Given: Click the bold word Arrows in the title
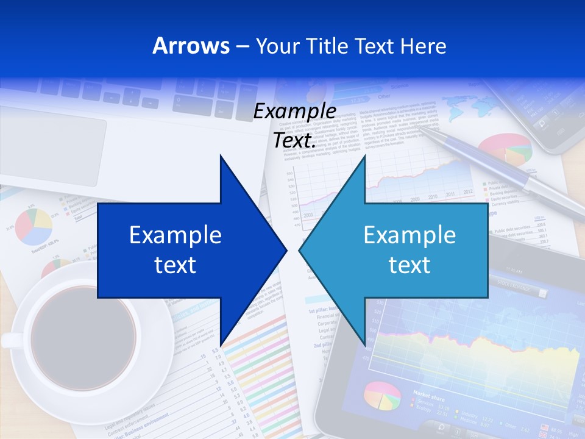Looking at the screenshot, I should point(191,46).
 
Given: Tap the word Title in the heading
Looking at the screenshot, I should point(343,46).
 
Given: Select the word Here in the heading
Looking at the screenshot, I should point(423,46).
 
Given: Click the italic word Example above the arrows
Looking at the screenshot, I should point(295,112).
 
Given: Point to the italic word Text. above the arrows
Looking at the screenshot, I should point(295,140).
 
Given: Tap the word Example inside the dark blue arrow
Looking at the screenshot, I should point(175,235).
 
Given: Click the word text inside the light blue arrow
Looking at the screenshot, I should point(409,265).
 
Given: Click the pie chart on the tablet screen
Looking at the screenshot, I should point(382,396).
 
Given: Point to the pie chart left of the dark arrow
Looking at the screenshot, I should point(33,226).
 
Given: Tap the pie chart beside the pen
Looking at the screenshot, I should point(505,149).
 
